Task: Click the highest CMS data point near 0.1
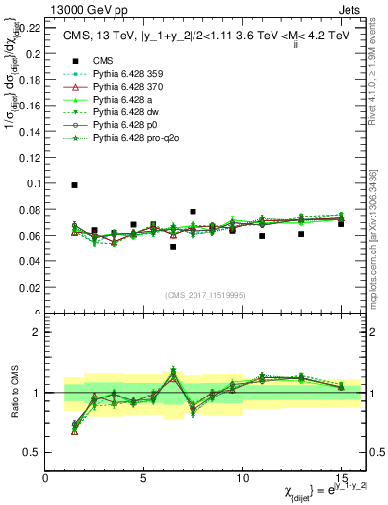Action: (x=75, y=185)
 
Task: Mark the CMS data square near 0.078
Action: (x=193, y=212)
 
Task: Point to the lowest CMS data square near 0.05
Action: (x=173, y=247)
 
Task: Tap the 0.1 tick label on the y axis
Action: (x=34, y=183)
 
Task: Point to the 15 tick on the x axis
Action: (x=341, y=475)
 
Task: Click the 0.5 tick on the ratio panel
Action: (x=37, y=452)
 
